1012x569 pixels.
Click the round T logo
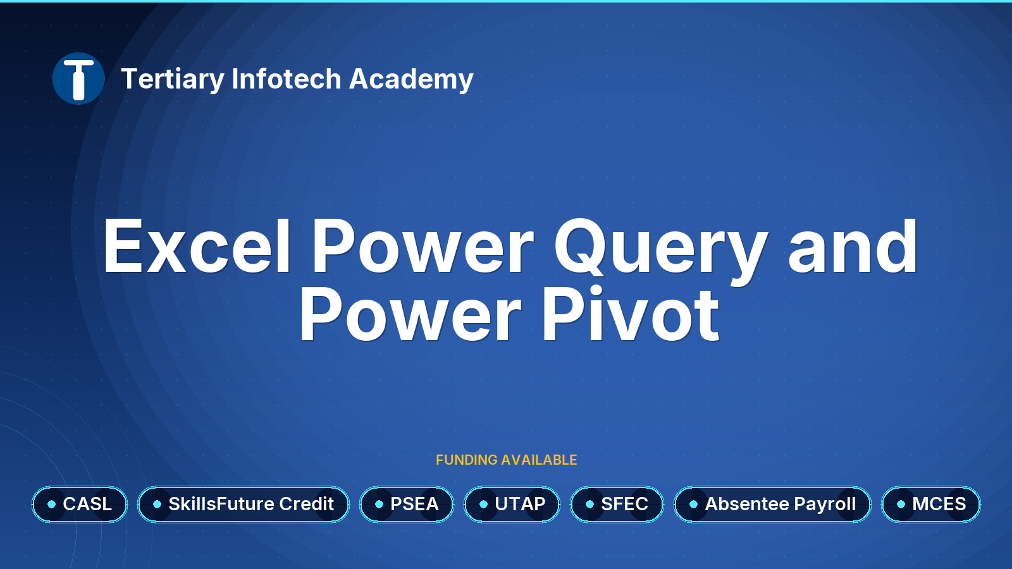[x=78, y=78]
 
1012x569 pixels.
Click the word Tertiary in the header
[x=173, y=80]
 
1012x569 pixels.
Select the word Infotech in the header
[x=287, y=78]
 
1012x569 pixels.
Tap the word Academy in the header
[x=411, y=80]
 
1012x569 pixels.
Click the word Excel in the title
[x=197, y=246]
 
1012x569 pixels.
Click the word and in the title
[x=853, y=246]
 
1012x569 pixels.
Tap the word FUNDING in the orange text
[x=467, y=460]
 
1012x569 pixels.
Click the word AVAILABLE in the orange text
[x=539, y=460]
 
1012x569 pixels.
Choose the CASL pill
[x=80, y=505]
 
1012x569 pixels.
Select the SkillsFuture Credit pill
[x=244, y=505]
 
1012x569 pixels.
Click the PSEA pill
[x=407, y=505]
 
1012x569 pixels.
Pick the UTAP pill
[x=512, y=505]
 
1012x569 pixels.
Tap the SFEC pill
[x=617, y=505]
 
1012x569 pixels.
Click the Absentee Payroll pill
[x=772, y=505]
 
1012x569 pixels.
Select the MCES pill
[x=931, y=505]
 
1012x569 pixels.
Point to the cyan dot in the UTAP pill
[x=483, y=505]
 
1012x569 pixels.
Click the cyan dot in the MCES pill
[x=901, y=505]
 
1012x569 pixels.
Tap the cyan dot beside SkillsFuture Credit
[x=157, y=505]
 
